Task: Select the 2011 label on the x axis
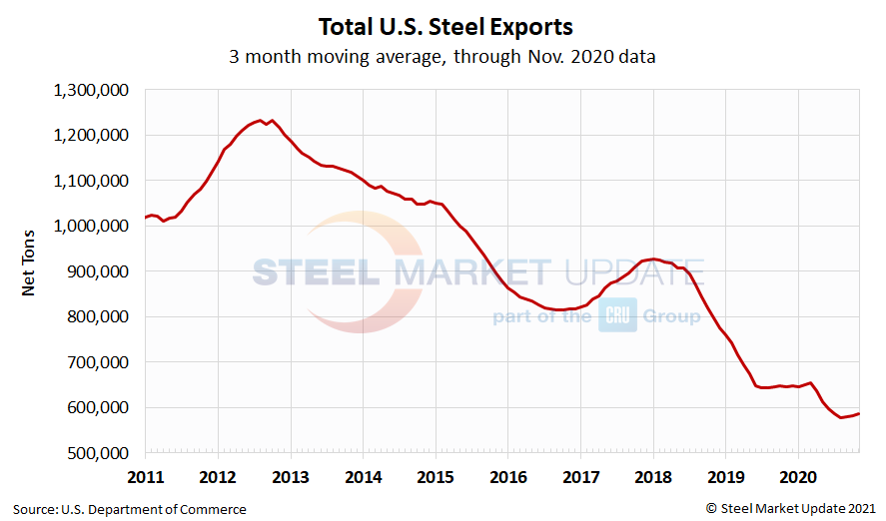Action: [146, 475]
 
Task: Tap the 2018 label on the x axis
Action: [652, 475]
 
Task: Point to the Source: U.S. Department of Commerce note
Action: [130, 509]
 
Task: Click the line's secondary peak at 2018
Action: [652, 259]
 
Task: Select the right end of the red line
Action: [859, 413]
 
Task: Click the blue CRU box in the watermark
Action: [617, 316]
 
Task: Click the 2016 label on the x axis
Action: [507, 475]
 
